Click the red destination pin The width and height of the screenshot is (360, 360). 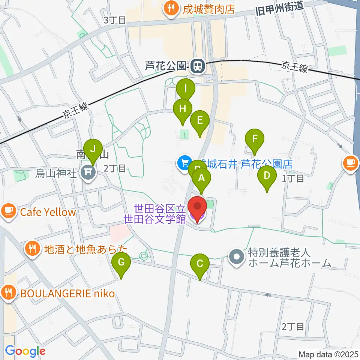[x=197, y=207]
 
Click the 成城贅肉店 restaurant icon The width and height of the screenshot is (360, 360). [x=171, y=9]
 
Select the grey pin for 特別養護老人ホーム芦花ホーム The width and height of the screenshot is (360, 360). [x=237, y=258]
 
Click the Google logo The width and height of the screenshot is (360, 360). [x=25, y=351]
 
